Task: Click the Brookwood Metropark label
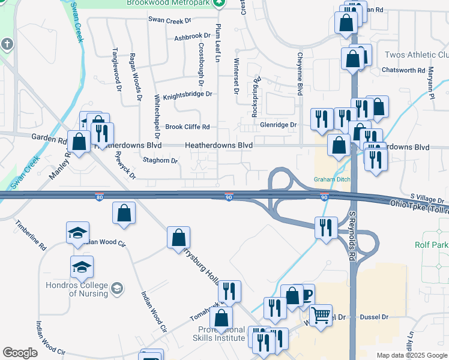tap(169, 3)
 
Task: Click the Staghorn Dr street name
tap(160, 160)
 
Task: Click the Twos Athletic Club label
tap(416, 55)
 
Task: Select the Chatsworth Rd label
tap(403, 70)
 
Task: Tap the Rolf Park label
tap(431, 245)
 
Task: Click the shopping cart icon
tap(321, 313)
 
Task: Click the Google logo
tap(19, 353)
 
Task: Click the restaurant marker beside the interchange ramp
tap(325, 227)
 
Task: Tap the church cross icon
tap(7, 44)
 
